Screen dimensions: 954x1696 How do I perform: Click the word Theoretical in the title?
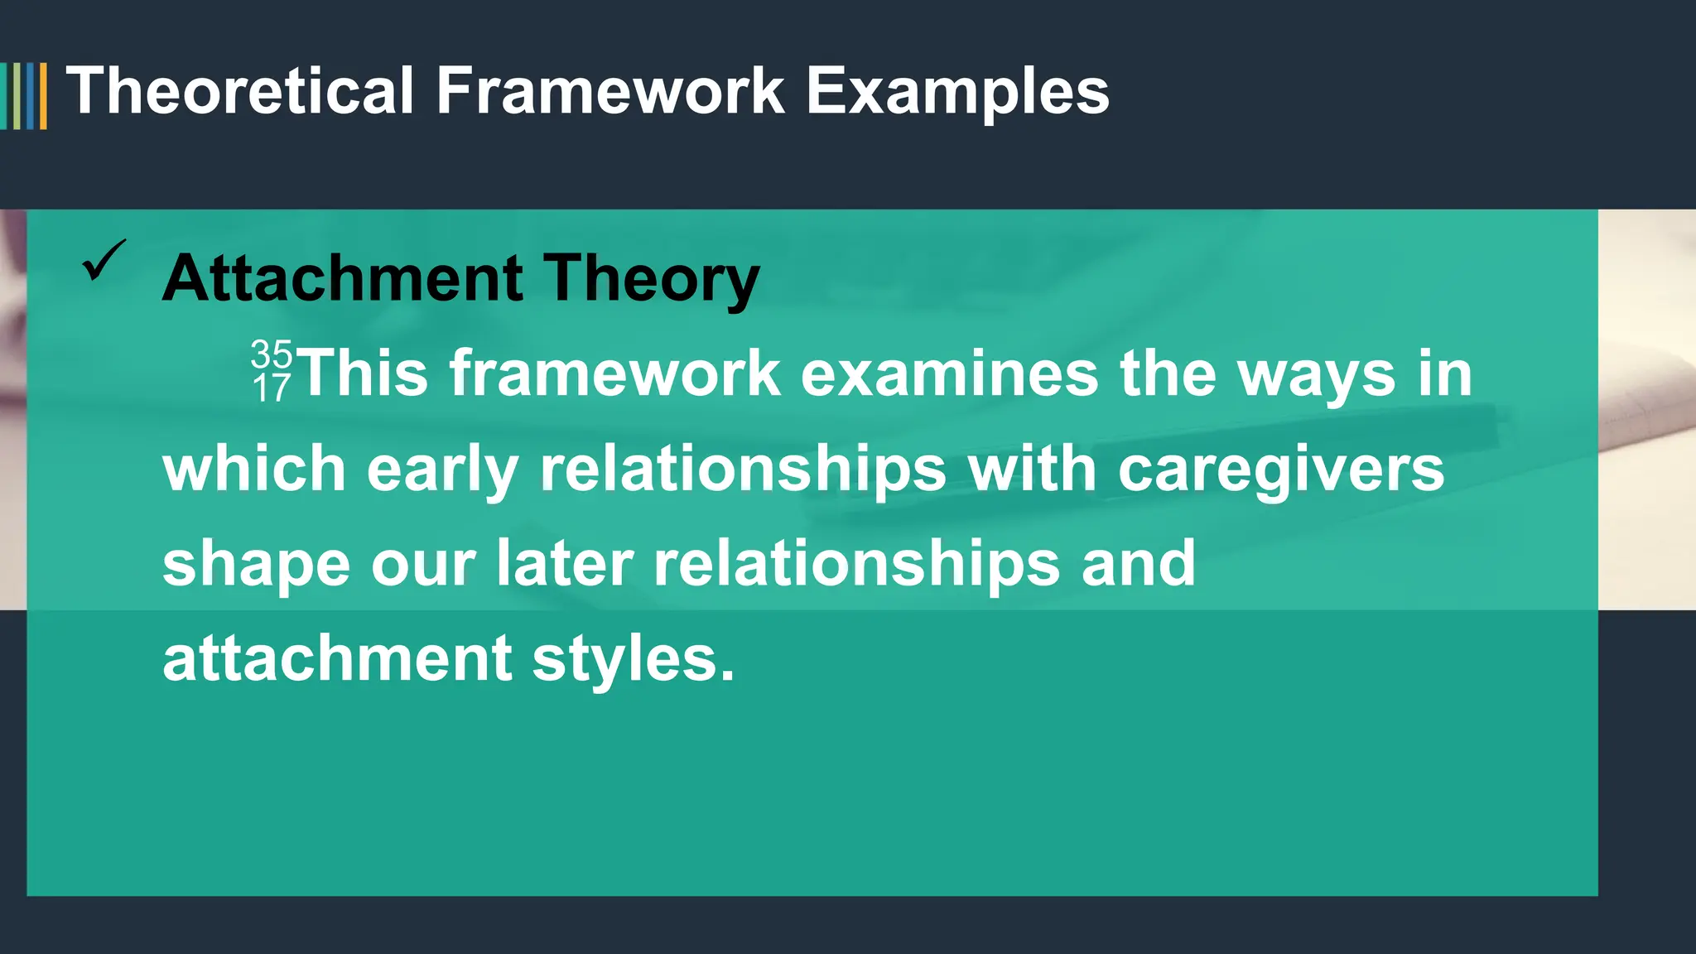[x=240, y=91]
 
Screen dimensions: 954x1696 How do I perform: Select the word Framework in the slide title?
[x=610, y=91]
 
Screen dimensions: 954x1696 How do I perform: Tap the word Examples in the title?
[x=957, y=93]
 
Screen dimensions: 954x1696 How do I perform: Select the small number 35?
[x=272, y=354]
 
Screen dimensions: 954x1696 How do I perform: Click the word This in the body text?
[x=363, y=373]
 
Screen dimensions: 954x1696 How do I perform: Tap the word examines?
[x=950, y=374]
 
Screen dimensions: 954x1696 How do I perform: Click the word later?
[x=565, y=563]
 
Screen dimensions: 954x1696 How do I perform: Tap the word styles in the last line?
[x=634, y=660]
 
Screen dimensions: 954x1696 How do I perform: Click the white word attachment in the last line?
[x=337, y=658]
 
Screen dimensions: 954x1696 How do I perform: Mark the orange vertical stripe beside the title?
[x=43, y=96]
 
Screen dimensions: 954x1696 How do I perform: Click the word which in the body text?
[x=254, y=469]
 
